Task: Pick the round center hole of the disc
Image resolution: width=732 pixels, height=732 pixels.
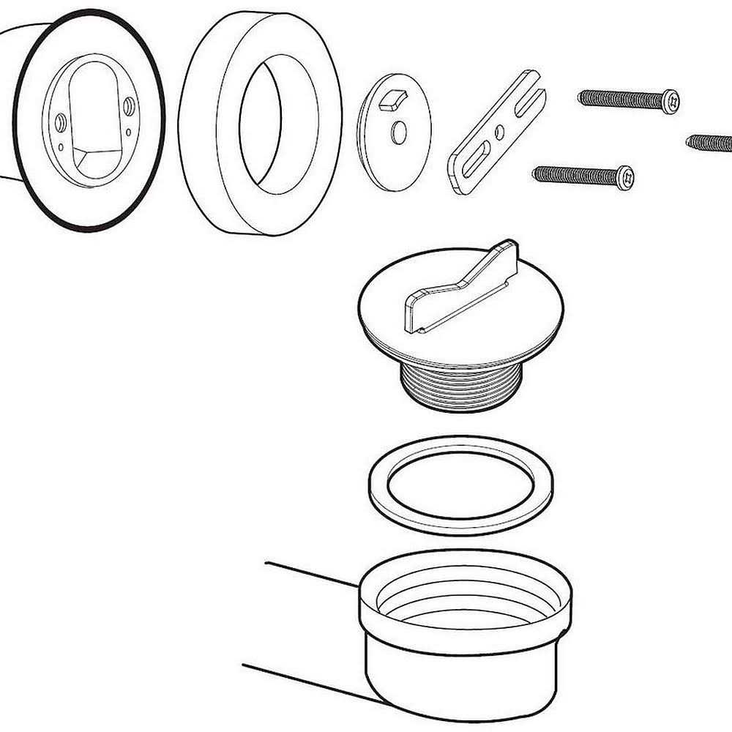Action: pyautogui.click(x=399, y=132)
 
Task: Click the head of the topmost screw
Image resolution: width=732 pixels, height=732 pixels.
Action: pyautogui.click(x=670, y=101)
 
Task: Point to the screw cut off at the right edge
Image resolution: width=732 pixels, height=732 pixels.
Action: pyautogui.click(x=710, y=143)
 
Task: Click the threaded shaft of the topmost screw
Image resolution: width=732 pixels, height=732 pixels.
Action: pyautogui.click(x=619, y=99)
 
